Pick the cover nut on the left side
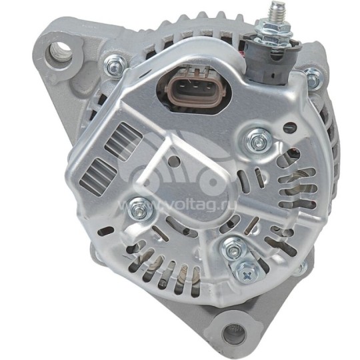[x=139, y=207]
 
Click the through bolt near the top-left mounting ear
[x=114, y=64]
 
